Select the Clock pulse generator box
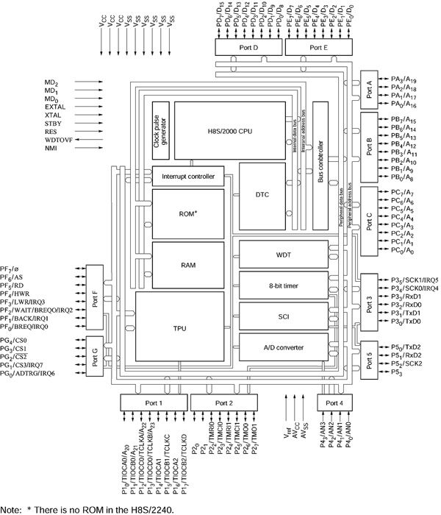pos(161,130)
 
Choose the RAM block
pos(189,263)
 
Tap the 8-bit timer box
pos(284,285)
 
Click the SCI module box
pos(284,316)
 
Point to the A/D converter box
pos(284,347)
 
